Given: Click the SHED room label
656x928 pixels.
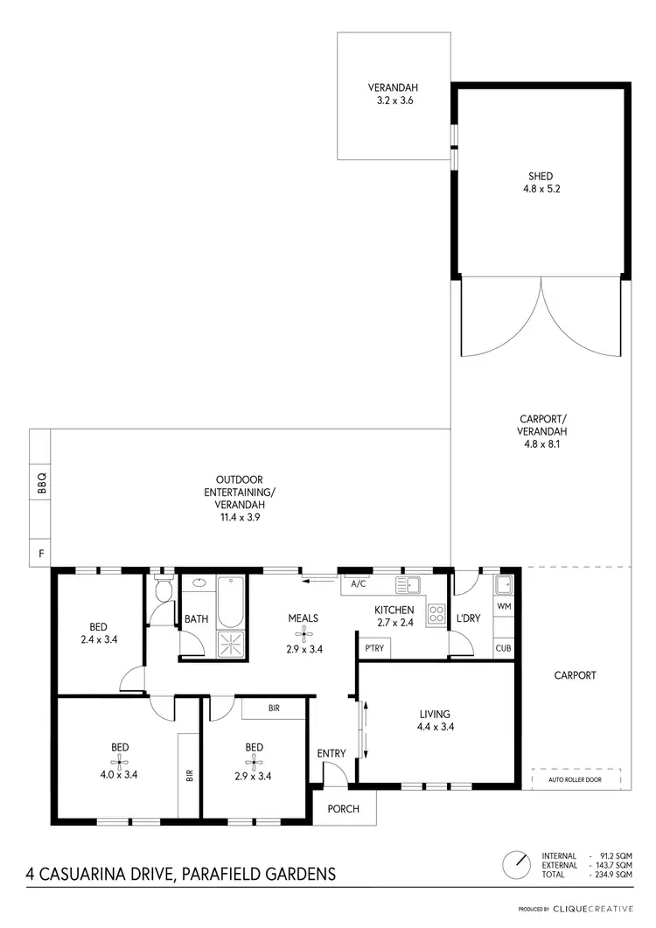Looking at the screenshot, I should [541, 176].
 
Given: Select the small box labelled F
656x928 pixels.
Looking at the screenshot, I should [40, 554].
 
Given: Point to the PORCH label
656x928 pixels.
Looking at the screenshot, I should [344, 808].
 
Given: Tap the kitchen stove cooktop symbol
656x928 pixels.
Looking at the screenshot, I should [436, 613].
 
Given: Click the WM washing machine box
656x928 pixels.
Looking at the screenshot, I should [504, 605].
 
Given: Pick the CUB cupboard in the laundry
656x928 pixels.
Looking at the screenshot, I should [504, 648].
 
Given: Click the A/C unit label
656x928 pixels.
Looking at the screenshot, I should [357, 583].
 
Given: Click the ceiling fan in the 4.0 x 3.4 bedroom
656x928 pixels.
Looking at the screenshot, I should [119, 762].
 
